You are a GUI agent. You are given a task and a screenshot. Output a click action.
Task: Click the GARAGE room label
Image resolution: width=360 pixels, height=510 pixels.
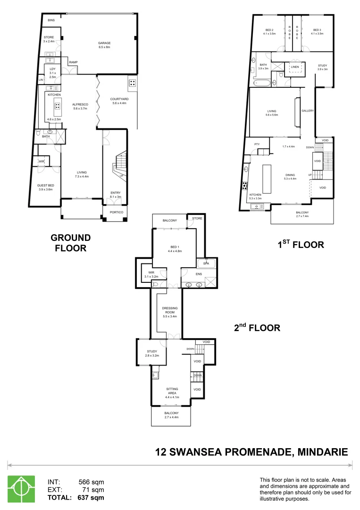tap(104, 43)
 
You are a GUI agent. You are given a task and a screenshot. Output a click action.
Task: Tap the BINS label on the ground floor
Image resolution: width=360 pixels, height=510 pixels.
tap(51, 21)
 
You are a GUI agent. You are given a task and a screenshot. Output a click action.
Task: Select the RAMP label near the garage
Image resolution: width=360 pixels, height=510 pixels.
tap(73, 62)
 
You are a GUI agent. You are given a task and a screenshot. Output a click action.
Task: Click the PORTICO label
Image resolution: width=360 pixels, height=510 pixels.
tap(116, 212)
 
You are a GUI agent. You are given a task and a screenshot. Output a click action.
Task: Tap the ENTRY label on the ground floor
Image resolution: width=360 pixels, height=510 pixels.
tap(116, 193)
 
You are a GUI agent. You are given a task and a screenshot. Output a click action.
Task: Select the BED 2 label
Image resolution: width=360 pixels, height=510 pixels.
tap(269, 30)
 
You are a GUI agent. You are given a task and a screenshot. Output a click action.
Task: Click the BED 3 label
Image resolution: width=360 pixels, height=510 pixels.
tap(317, 30)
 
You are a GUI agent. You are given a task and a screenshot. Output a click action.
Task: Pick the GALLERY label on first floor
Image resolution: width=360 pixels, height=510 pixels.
tap(308, 111)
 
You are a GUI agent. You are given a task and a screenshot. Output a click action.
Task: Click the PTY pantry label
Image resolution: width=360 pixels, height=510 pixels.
tap(257, 144)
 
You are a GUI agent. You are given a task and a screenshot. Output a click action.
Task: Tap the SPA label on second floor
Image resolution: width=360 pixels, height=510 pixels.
tap(206, 263)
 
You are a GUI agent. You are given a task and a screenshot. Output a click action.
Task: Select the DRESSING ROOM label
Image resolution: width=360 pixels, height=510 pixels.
tap(169, 310)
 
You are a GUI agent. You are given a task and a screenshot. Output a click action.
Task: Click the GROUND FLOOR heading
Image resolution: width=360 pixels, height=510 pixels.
tap(71, 243)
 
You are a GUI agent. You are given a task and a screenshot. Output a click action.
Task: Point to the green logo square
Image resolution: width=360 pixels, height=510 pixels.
tap(21, 488)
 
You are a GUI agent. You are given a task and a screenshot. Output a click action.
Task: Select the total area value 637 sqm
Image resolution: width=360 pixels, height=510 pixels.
tap(91, 497)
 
